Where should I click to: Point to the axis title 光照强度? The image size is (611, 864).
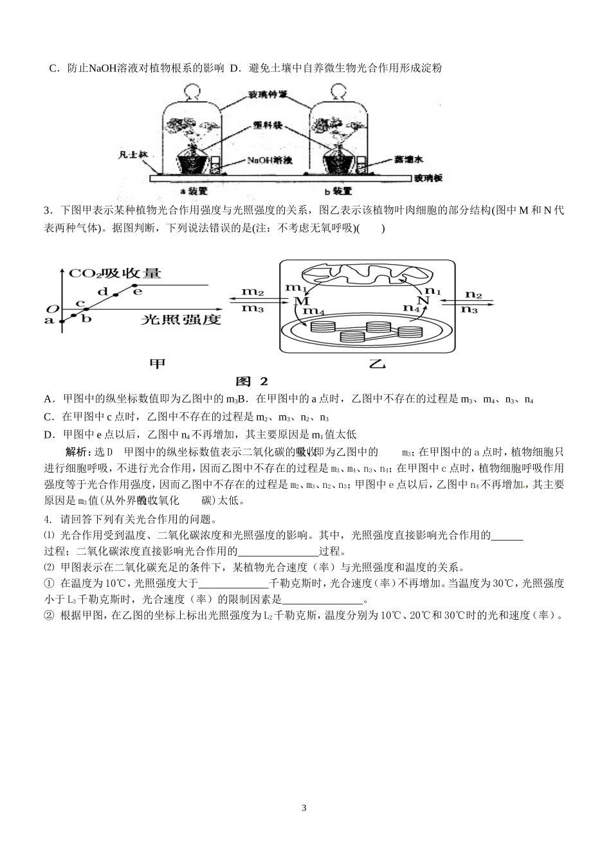(181, 319)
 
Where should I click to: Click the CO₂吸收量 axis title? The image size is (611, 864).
(115, 273)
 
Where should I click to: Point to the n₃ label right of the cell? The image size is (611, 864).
(470, 309)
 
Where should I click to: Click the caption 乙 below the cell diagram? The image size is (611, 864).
(377, 364)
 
